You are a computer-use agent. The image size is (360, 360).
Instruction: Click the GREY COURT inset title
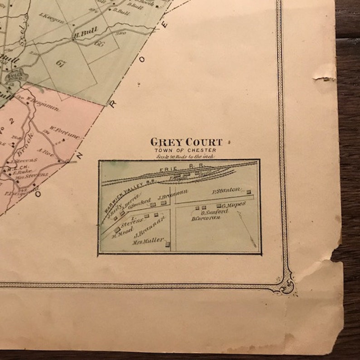(x=186, y=142)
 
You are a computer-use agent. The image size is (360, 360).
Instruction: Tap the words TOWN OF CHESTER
(x=185, y=150)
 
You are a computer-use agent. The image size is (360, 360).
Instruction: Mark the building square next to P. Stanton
(x=248, y=192)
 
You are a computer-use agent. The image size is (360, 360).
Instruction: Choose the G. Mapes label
(x=234, y=205)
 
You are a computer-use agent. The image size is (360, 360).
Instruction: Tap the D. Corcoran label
(x=206, y=218)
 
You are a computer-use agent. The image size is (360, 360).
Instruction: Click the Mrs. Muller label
(x=148, y=241)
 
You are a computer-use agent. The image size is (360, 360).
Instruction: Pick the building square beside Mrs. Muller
(x=168, y=245)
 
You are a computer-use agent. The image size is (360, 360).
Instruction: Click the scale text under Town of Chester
(x=185, y=156)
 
